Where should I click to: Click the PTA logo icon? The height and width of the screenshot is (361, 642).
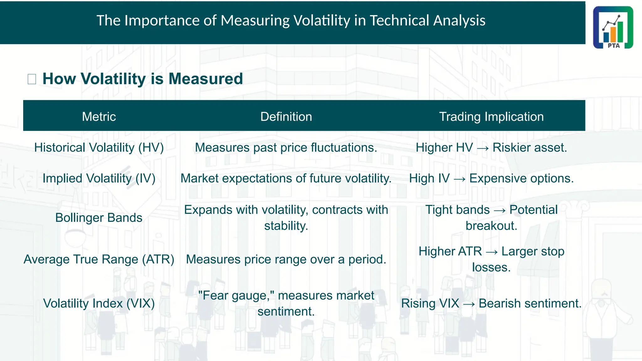613,28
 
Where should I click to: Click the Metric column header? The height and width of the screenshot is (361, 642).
99,117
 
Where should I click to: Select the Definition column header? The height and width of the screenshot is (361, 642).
286,117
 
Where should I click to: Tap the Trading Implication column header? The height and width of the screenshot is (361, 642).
491,117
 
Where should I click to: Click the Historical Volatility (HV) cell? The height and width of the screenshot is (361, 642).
99,148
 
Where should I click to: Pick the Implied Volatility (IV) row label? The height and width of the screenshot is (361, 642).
99,178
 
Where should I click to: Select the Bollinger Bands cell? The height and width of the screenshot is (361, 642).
99,218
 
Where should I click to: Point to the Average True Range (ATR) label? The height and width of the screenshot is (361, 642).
99,259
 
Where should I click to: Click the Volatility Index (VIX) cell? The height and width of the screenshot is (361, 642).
99,303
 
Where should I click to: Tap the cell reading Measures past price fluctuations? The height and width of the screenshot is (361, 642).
286,148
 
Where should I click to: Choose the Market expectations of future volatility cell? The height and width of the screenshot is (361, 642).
286,178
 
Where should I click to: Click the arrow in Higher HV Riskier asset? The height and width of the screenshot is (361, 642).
483,148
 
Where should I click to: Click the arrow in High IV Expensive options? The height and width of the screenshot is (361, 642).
460,179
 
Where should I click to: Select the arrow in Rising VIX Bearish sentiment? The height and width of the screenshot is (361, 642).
469,304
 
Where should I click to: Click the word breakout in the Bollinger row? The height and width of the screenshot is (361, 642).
491,226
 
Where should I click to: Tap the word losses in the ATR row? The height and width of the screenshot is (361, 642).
491,267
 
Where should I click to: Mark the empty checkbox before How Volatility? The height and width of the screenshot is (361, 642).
32,79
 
